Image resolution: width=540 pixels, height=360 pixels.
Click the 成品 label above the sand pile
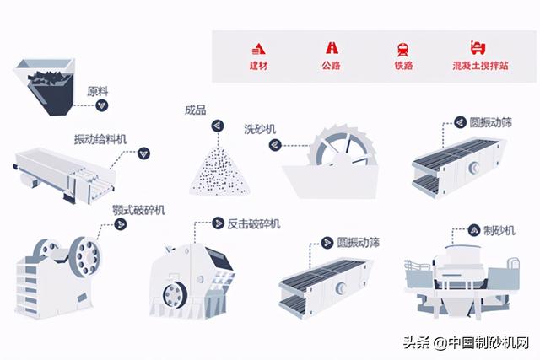195,109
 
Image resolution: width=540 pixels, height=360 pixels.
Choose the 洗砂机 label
260,128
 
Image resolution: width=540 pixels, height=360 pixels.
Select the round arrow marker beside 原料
101,105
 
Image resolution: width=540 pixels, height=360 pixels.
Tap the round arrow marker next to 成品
217,126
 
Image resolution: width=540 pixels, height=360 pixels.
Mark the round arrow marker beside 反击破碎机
219,224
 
